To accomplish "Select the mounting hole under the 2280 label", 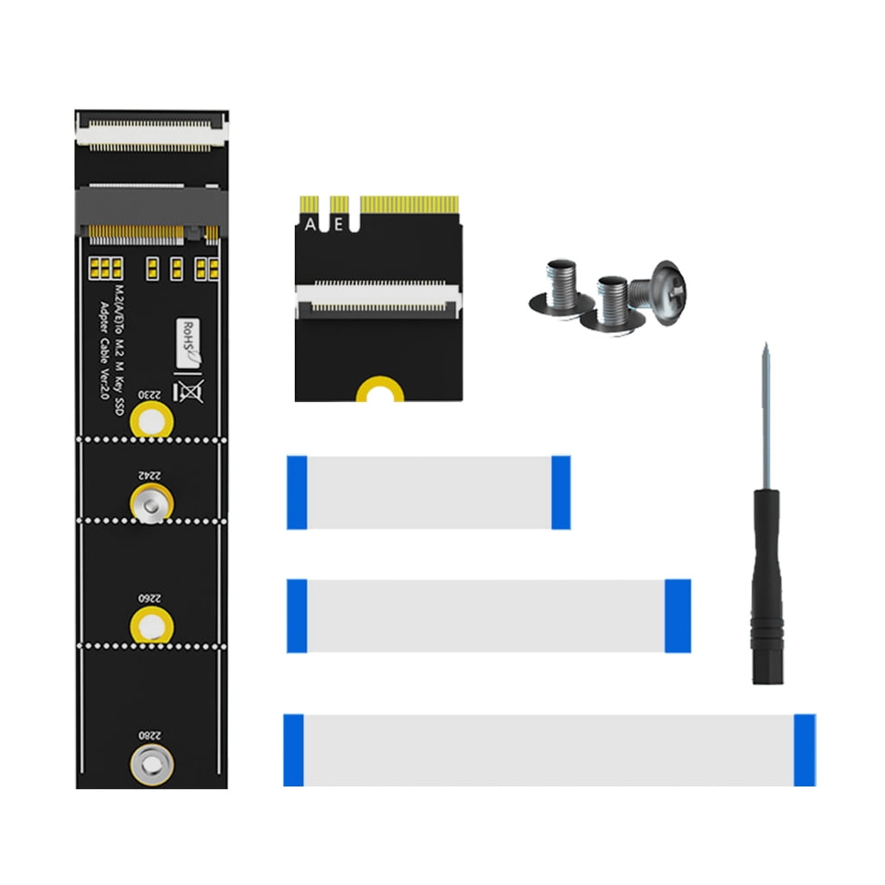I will pos(151,763).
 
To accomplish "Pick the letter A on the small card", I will pos(311,224).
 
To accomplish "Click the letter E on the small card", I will pos(338,224).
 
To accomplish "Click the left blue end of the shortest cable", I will pos(296,492).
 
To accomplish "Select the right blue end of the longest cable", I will pos(805,749).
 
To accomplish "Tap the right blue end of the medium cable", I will pos(678,615).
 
